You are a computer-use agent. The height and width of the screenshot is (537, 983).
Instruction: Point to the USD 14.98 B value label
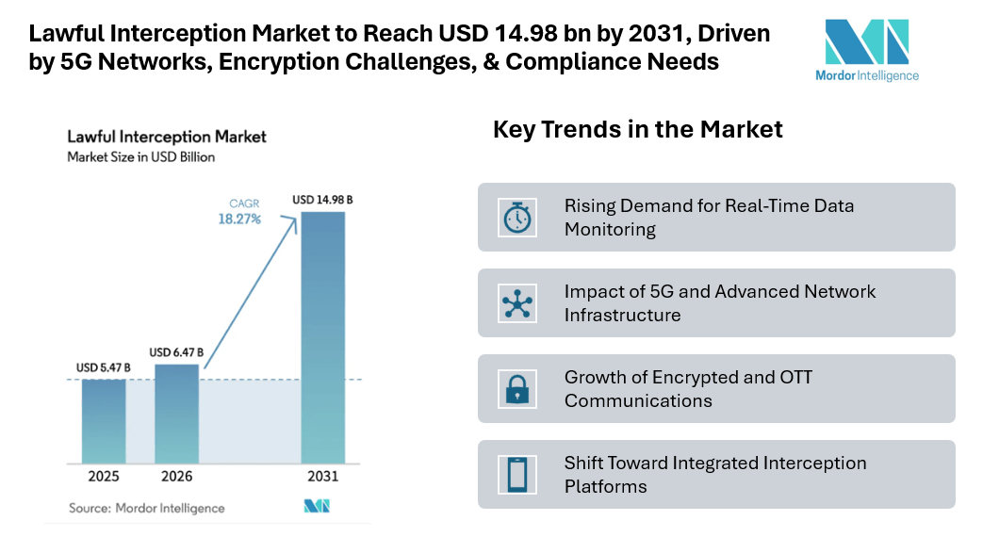click(x=322, y=200)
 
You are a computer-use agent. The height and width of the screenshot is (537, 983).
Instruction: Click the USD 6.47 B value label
click(x=176, y=352)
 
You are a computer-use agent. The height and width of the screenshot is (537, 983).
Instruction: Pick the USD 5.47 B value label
click(x=104, y=366)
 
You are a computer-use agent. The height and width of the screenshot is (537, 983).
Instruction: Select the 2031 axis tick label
click(x=322, y=477)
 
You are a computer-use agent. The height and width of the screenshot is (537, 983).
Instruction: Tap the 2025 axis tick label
click(x=104, y=477)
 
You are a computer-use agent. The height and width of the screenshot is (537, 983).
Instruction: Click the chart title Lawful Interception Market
click(x=167, y=137)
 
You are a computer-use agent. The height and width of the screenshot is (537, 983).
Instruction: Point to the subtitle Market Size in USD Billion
click(x=140, y=157)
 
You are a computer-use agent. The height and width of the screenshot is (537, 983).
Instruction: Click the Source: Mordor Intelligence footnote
click(x=147, y=508)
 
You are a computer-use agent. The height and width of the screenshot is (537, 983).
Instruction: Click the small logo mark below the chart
click(x=317, y=507)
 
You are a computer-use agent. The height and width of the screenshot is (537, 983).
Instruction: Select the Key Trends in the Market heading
click(x=638, y=129)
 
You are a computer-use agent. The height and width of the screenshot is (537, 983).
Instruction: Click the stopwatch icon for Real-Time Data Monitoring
click(x=517, y=217)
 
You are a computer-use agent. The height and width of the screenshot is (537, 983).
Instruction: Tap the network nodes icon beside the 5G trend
click(x=517, y=302)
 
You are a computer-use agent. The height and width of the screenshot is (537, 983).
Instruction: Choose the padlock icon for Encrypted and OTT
click(x=517, y=388)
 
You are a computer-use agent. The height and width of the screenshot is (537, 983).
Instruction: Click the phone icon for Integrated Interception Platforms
click(x=517, y=474)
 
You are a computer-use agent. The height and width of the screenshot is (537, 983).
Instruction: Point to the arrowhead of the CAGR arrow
click(x=296, y=219)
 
